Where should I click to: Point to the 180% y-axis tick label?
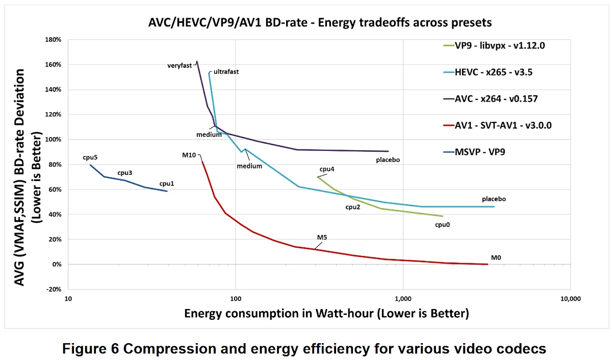pyautogui.click(x=53, y=40)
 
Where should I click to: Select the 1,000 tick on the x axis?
pyautogui.click(x=403, y=299)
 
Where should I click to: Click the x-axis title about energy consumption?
pyautogui.click(x=326, y=313)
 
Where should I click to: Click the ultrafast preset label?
pyautogui.click(x=226, y=72)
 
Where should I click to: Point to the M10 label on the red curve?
pyautogui.click(x=189, y=156)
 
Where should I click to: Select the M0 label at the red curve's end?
pyautogui.click(x=496, y=258)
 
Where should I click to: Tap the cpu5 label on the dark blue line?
pyautogui.click(x=90, y=158)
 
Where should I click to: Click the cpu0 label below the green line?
pyautogui.click(x=442, y=224)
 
